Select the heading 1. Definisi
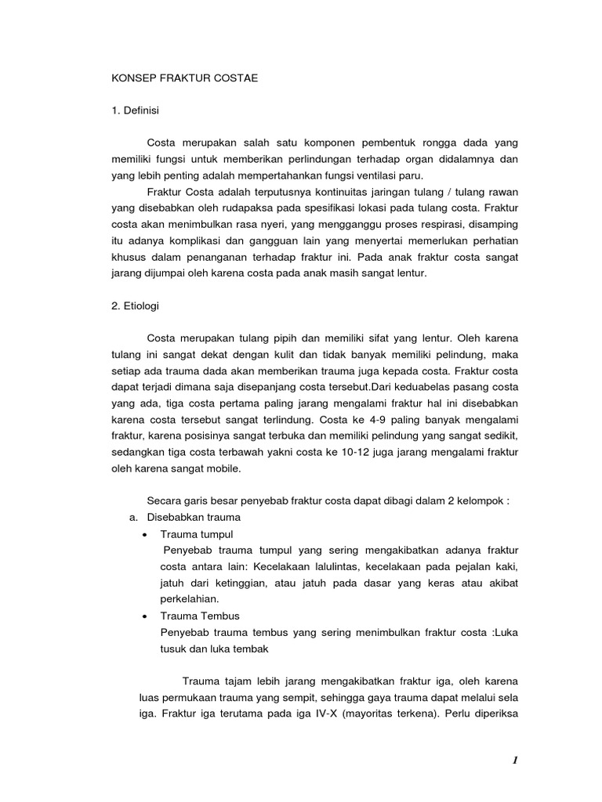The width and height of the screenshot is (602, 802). (134, 111)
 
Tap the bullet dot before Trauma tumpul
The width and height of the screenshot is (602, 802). (147, 534)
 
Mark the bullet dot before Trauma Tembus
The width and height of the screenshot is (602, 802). (147, 616)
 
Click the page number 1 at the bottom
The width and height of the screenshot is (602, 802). (515, 760)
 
